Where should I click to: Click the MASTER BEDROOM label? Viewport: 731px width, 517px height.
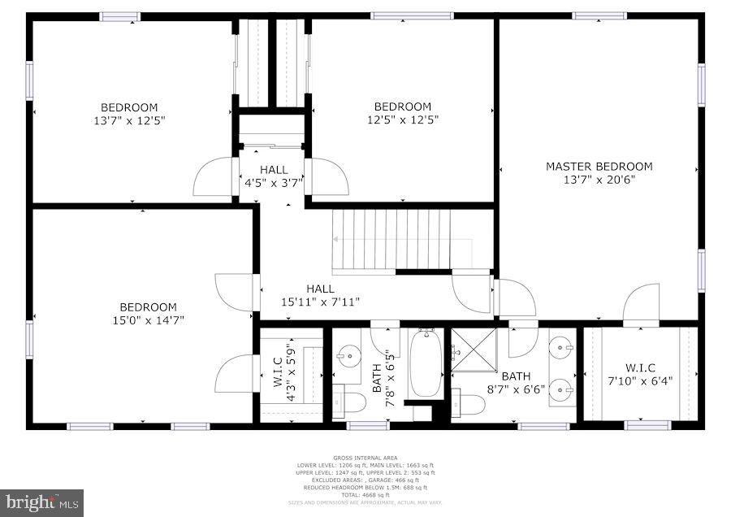pos(599,167)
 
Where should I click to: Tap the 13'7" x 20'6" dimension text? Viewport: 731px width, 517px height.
pos(599,180)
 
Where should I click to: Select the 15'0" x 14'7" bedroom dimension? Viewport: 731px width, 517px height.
pos(148,320)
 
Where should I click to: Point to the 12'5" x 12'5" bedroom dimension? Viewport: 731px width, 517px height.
pos(402,120)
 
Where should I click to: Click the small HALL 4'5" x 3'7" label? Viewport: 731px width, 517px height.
pos(274,176)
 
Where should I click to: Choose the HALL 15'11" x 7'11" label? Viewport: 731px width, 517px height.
pos(320,295)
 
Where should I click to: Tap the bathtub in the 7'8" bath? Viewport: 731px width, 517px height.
pos(426,364)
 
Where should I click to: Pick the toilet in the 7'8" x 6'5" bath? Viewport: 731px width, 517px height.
pos(348,402)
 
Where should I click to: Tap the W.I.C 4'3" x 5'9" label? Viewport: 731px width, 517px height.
pos(283,375)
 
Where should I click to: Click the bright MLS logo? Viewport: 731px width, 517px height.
pos(42,502)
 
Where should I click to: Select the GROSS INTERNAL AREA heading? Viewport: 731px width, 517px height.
pos(365,458)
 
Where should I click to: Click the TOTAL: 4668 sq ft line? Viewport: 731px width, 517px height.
pos(365,495)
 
